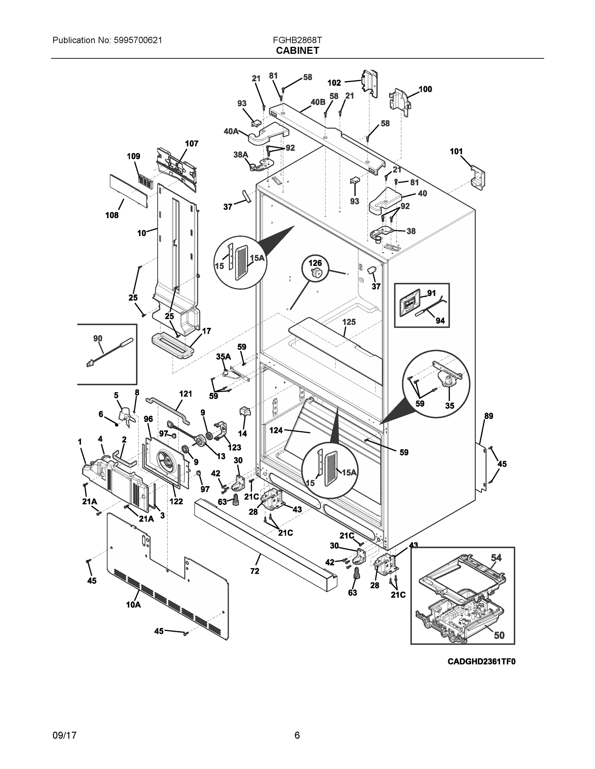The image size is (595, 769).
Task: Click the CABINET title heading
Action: pyautogui.click(x=297, y=51)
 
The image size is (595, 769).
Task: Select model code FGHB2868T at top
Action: pyautogui.click(x=297, y=40)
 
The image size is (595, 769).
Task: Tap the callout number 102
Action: pyautogui.click(x=334, y=83)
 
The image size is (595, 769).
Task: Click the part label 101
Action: pyautogui.click(x=456, y=152)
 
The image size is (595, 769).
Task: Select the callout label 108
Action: pyautogui.click(x=112, y=215)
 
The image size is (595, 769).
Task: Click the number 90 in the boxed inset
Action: pyautogui.click(x=98, y=338)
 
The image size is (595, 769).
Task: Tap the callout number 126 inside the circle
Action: pyautogui.click(x=315, y=263)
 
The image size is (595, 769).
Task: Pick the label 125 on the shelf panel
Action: pyautogui.click(x=349, y=322)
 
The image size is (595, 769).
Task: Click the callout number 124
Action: pyautogui.click(x=276, y=430)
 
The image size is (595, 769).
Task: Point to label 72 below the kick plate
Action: pyautogui.click(x=254, y=571)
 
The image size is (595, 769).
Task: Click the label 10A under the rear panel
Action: pyautogui.click(x=133, y=605)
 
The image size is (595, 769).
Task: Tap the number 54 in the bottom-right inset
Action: pyautogui.click(x=496, y=558)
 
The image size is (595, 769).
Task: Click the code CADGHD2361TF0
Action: pyautogui.click(x=481, y=662)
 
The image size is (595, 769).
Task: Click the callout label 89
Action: pyautogui.click(x=489, y=416)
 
